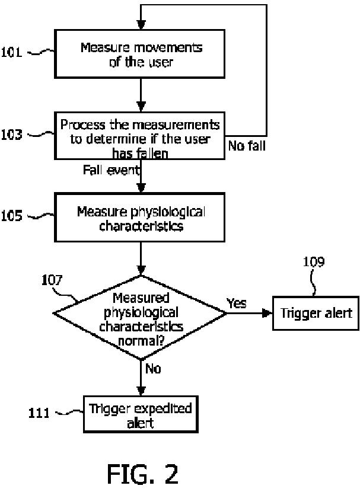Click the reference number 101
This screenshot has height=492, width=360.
tap(12, 52)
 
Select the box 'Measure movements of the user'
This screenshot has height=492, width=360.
tap(139, 54)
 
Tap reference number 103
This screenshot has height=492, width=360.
tap(12, 135)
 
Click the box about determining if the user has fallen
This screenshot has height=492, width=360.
tap(139, 136)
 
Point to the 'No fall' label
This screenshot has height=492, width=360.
tap(247, 146)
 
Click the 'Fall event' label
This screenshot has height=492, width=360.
tap(111, 170)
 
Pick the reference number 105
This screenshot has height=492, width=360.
tap(12, 216)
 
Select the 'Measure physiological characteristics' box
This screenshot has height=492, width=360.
tap(139, 218)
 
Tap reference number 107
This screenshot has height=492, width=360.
tap(52, 280)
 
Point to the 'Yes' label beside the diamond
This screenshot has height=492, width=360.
tap(237, 303)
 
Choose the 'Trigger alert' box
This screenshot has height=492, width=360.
tap(316, 313)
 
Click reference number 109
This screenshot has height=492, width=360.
tap(314, 261)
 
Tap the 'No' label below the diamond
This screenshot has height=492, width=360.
tap(153, 369)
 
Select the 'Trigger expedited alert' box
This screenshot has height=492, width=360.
tap(141, 414)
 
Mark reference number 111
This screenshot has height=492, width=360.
tap(39, 413)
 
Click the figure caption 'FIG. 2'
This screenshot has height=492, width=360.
tap(142, 474)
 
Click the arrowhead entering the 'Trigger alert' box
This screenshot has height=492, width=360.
tap(267, 313)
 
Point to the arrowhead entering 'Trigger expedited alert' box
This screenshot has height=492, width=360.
tap(141, 391)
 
